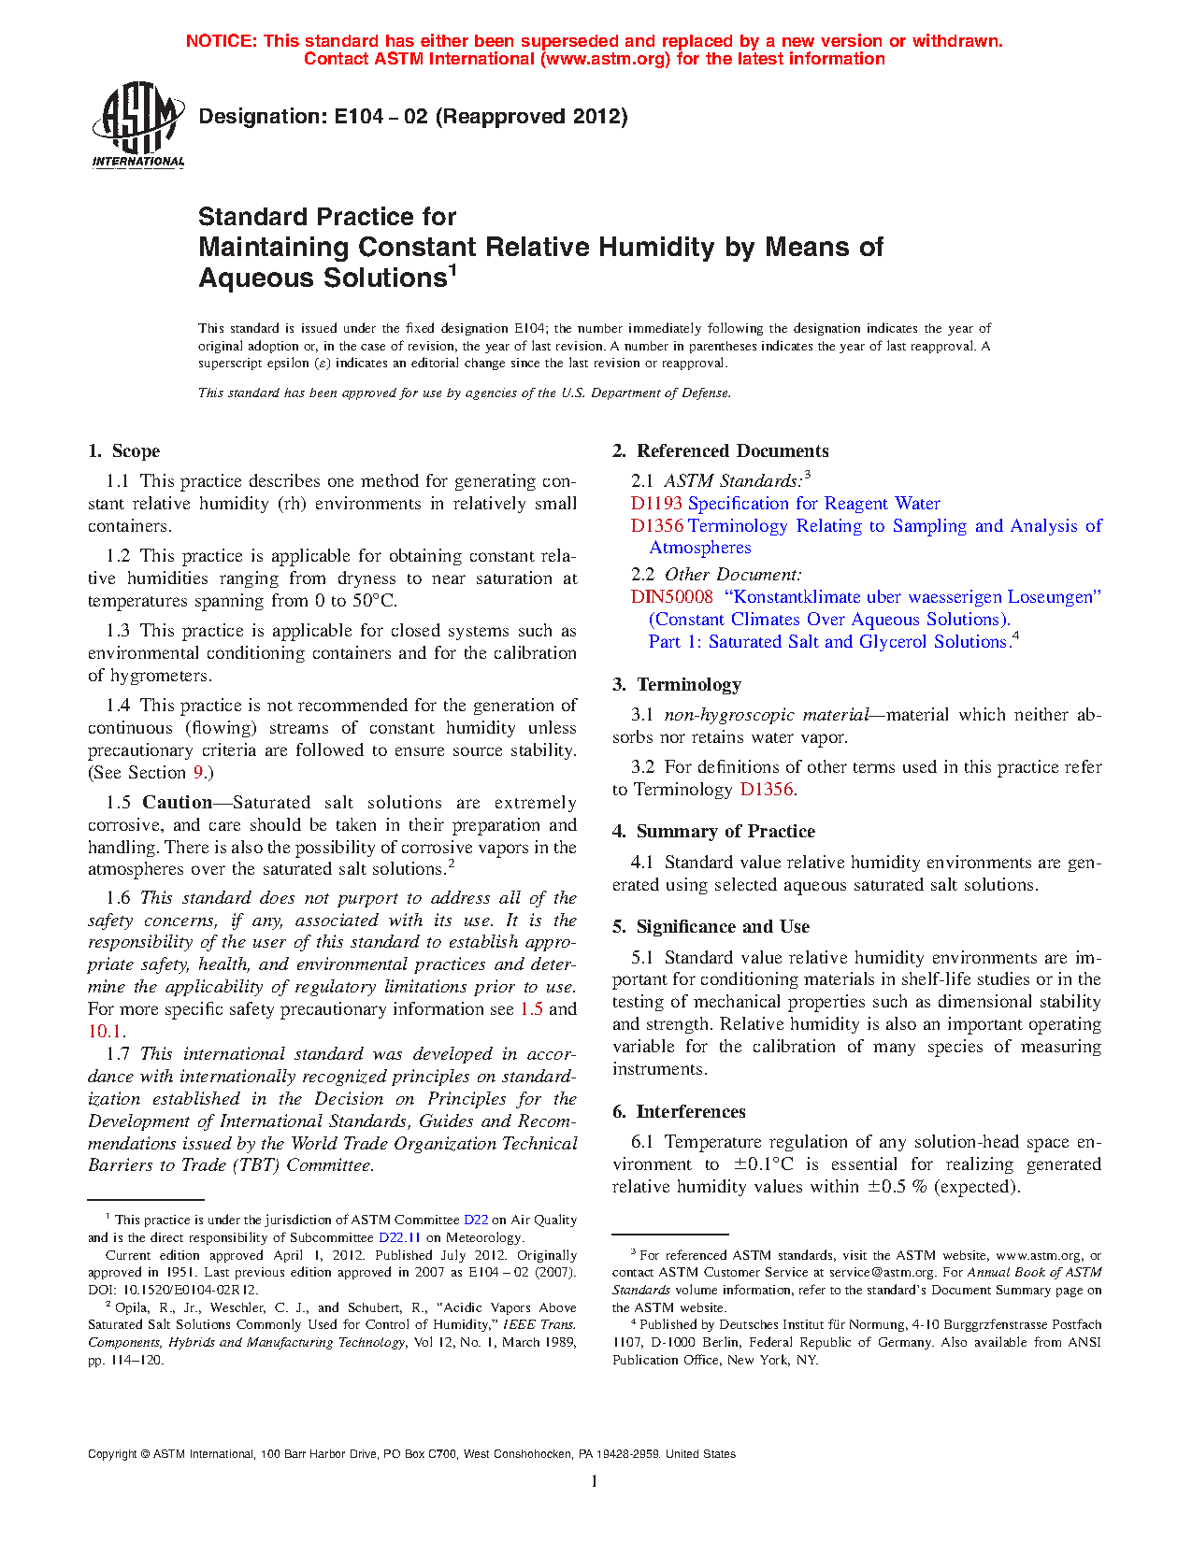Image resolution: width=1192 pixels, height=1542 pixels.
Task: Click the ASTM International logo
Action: click(138, 124)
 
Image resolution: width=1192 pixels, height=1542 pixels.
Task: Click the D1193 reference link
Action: click(656, 504)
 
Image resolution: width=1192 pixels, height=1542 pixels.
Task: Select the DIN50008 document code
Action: click(671, 597)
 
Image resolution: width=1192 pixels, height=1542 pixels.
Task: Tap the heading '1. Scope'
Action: click(124, 451)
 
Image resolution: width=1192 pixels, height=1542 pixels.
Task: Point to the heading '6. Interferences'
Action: click(679, 1112)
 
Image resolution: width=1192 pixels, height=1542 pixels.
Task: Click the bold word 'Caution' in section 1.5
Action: click(178, 803)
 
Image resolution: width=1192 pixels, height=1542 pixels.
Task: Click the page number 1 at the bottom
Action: click(595, 1481)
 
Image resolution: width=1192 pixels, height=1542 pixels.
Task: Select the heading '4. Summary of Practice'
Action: click(713, 832)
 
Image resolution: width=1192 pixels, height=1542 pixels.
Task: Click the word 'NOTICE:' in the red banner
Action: click(222, 41)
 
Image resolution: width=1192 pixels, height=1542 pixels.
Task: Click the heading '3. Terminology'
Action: click(677, 685)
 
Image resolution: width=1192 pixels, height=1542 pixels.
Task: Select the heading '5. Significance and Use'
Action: click(711, 927)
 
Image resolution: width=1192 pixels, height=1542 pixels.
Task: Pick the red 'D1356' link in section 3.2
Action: click(766, 790)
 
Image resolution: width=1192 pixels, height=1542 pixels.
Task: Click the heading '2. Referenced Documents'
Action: click(720, 451)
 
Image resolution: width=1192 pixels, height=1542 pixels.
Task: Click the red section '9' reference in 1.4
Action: click(198, 773)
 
